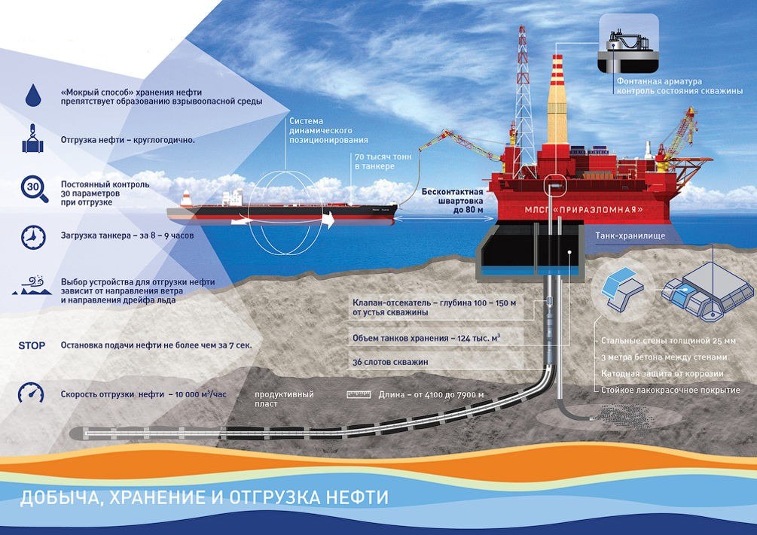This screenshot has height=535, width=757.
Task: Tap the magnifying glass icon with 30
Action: pyautogui.click(x=35, y=189)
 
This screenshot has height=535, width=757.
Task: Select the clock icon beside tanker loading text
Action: pyautogui.click(x=33, y=237)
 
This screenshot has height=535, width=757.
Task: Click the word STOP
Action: pyautogui.click(x=32, y=345)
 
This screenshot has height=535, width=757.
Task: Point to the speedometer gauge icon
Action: pyautogui.click(x=31, y=393)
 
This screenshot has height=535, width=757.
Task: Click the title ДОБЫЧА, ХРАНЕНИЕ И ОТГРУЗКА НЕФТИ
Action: pyautogui.click(x=204, y=497)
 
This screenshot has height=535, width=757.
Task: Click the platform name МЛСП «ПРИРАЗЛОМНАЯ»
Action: pyautogui.click(x=584, y=210)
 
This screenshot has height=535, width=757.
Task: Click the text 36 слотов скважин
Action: pyautogui.click(x=390, y=362)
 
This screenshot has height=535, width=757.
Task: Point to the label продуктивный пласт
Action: pyautogui.click(x=285, y=399)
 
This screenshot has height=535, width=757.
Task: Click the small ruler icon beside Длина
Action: pyautogui.click(x=359, y=394)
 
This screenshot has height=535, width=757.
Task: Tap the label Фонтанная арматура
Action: pyautogui.click(x=659, y=81)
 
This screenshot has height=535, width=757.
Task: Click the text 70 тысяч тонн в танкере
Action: pyautogui.click(x=383, y=162)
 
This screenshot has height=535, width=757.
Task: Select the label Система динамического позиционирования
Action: pyautogui.click(x=328, y=130)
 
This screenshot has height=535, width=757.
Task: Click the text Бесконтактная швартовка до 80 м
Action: pyautogui.click(x=453, y=201)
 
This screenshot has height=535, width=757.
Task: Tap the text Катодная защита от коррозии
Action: pyautogui.click(x=662, y=373)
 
